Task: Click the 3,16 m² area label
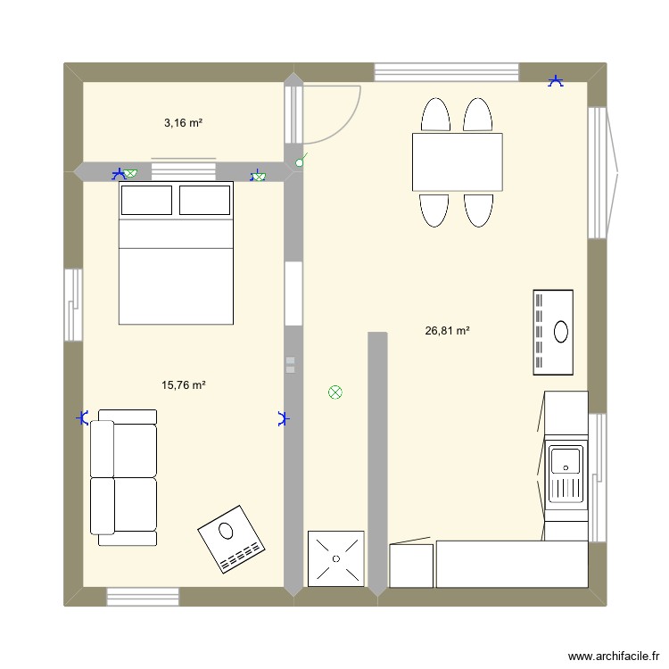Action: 183,123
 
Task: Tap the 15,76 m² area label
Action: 184,385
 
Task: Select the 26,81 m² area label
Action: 448,331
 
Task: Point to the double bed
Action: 176,252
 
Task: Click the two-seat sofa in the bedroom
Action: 124,478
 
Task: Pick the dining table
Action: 457,161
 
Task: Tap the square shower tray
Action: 335,558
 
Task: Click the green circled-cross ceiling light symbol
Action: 335,392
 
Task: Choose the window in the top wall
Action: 446,72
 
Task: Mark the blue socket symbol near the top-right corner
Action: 556,82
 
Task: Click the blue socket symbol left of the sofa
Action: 83,417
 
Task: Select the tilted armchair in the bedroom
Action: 231,538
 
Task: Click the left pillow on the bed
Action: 147,200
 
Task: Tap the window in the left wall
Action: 73,300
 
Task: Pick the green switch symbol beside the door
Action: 301,161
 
